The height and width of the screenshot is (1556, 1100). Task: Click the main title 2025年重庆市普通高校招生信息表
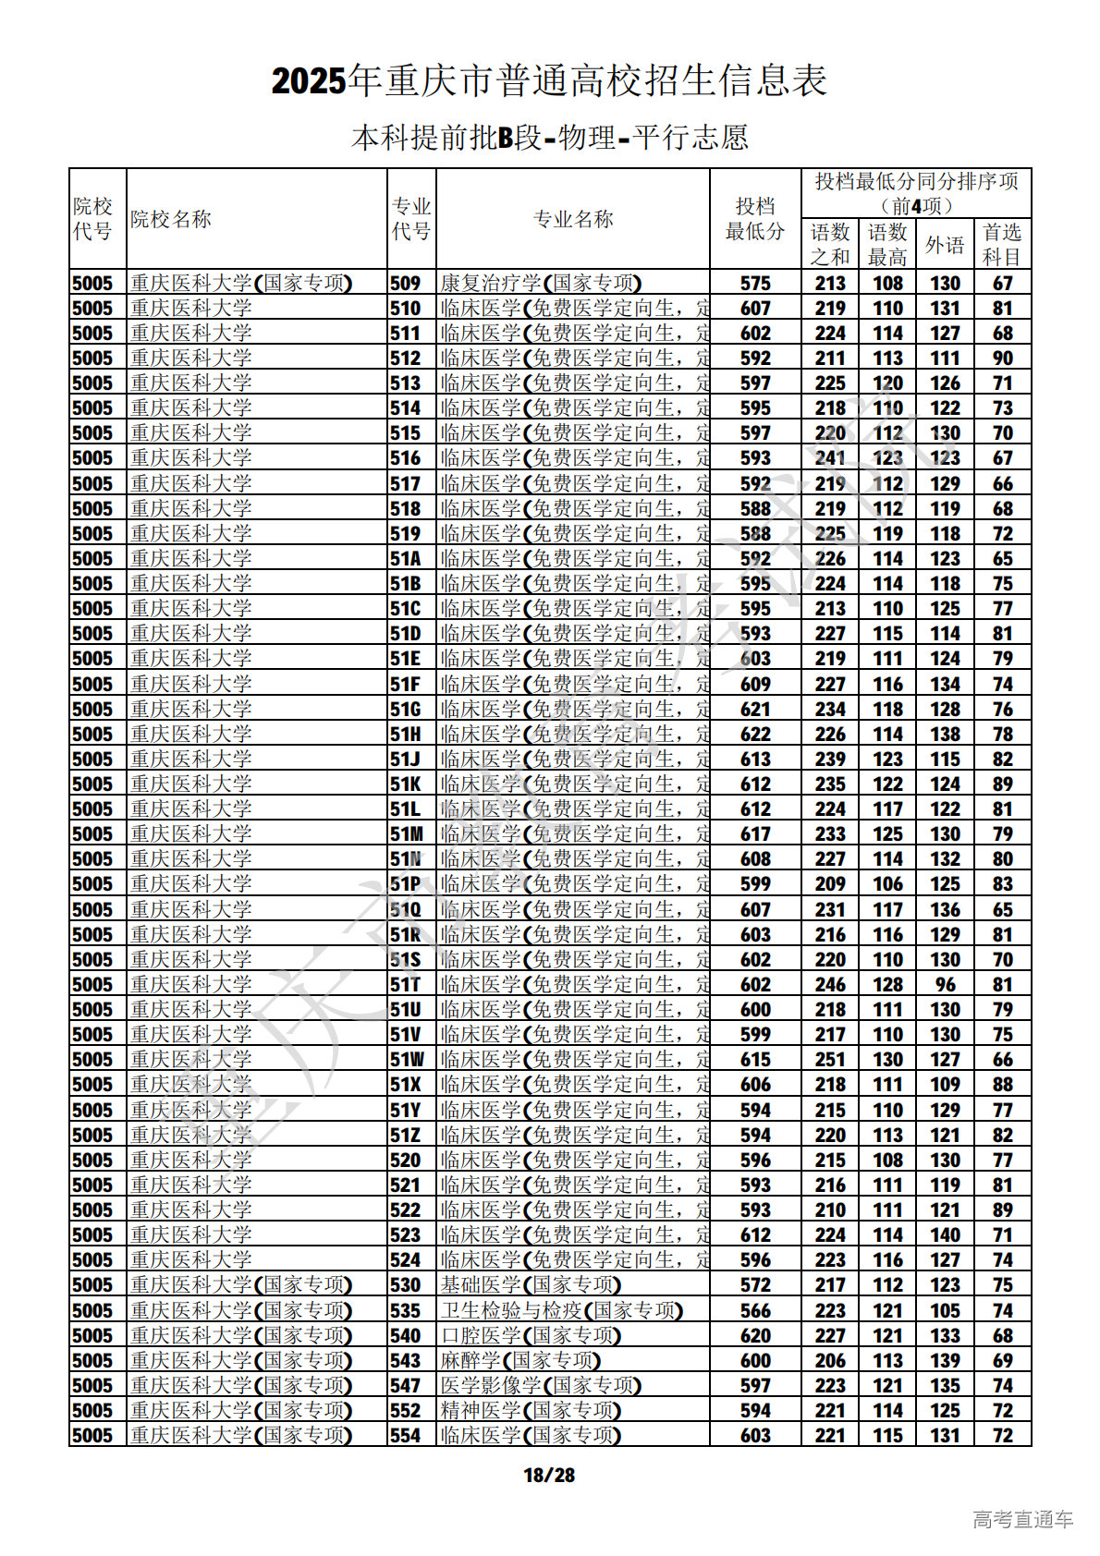click(x=549, y=81)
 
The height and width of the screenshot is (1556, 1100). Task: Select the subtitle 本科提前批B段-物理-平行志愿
click(x=549, y=138)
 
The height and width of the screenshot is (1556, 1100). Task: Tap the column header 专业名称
click(x=573, y=219)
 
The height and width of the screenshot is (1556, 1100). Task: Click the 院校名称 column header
click(x=171, y=219)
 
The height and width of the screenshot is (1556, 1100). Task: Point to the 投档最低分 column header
click(x=755, y=219)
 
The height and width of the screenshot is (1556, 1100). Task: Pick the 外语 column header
click(x=945, y=245)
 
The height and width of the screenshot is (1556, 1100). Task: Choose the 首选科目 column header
click(x=1002, y=245)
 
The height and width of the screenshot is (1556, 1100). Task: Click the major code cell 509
click(x=405, y=284)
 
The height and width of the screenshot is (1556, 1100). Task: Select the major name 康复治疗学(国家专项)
click(x=541, y=284)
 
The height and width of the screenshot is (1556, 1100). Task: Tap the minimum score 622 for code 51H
click(x=755, y=735)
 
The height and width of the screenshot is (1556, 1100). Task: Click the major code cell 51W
click(x=407, y=1060)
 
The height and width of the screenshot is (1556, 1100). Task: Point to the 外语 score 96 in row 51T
click(x=945, y=985)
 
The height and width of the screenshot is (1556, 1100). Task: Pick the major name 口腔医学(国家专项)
click(x=531, y=1336)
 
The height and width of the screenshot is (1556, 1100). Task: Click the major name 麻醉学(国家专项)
click(x=520, y=1361)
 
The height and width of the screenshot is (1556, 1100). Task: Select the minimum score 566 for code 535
click(x=755, y=1311)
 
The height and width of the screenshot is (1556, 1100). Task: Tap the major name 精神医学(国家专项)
click(x=531, y=1411)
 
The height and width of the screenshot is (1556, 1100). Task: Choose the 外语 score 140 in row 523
click(x=945, y=1235)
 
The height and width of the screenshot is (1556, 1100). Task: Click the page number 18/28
click(x=549, y=1476)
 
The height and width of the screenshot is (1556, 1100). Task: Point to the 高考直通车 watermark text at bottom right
click(x=1022, y=1520)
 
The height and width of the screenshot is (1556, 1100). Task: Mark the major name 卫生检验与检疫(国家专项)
click(x=561, y=1311)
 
